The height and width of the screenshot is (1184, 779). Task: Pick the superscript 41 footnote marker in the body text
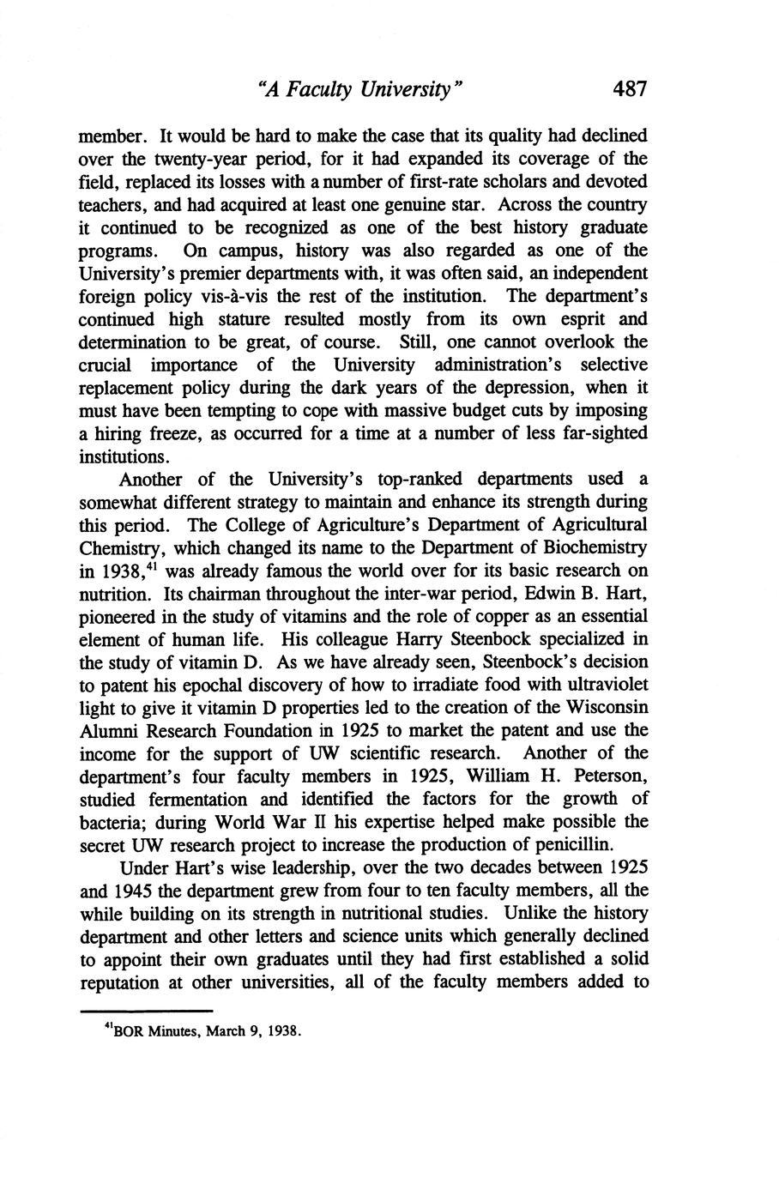[141, 566]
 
